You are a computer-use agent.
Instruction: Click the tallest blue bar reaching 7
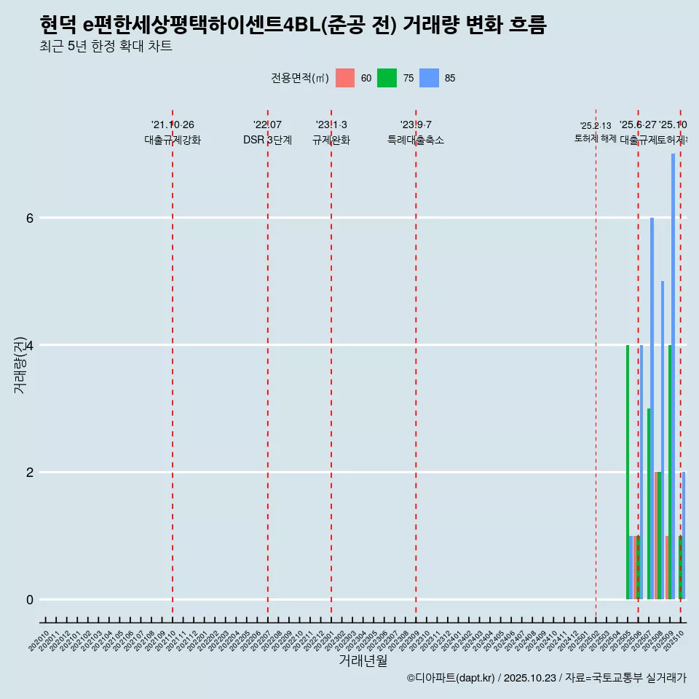673,376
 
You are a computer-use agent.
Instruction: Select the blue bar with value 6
652,408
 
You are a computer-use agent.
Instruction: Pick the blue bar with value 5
663,440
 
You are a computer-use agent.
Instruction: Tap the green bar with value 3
649,504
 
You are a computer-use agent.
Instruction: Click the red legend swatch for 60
345,78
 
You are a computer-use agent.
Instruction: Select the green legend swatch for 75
387,78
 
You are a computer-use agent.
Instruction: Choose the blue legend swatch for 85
430,78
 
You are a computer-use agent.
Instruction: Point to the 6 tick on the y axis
30,218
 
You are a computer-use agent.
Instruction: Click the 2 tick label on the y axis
30,473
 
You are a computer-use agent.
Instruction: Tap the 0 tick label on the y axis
30,600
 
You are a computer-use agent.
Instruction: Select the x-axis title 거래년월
363,660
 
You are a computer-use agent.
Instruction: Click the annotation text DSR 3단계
267,140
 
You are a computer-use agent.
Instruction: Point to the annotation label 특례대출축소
416,140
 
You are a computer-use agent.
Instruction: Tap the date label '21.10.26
173,125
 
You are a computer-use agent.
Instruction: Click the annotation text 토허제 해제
596,138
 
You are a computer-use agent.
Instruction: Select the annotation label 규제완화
331,140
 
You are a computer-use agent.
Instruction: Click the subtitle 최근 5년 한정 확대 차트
106,47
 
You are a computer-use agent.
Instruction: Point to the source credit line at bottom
546,678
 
